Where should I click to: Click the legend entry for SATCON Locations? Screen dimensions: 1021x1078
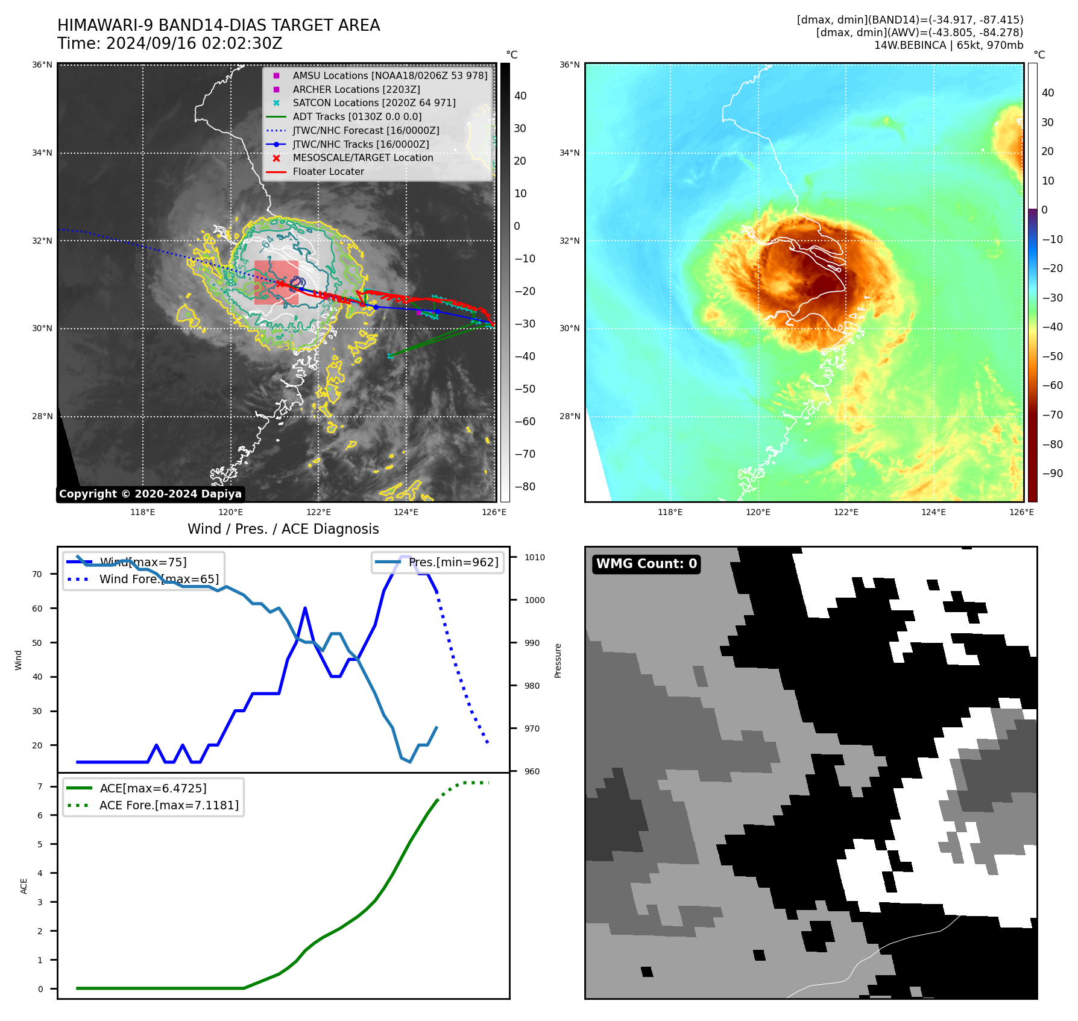pyautogui.click(x=374, y=103)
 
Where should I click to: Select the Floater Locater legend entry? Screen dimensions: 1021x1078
pyautogui.click(x=328, y=172)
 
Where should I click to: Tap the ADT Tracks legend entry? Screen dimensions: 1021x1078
pyautogui.click(x=357, y=117)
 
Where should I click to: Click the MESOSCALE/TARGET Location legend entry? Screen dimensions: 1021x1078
pyautogui.click(x=362, y=158)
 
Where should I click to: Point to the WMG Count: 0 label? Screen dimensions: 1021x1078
pyautogui.click(x=646, y=564)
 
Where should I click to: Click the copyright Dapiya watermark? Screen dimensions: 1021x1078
pyautogui.click(x=150, y=494)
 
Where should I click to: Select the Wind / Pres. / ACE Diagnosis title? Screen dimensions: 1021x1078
pyautogui.click(x=283, y=529)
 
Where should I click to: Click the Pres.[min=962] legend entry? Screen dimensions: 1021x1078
pyautogui.click(x=453, y=563)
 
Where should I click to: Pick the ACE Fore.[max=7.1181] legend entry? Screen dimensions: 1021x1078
pyautogui.click(x=169, y=806)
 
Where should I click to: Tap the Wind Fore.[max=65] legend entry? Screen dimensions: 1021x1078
pyautogui.click(x=159, y=580)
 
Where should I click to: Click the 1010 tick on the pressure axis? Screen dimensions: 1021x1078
pyautogui.click(x=534, y=558)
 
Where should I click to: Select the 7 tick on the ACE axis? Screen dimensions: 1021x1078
pyautogui.click(x=40, y=786)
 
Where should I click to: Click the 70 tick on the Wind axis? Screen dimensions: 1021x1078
pyautogui.click(x=37, y=574)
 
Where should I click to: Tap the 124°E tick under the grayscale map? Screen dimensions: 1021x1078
pyautogui.click(x=406, y=512)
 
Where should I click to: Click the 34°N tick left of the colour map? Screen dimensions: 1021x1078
pyautogui.click(x=569, y=153)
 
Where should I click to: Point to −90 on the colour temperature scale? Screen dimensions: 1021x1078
pyautogui.click(x=1052, y=473)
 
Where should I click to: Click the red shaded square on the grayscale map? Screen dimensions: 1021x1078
pyautogui.click(x=276, y=282)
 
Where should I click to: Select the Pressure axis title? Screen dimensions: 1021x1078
pyautogui.click(x=558, y=660)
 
